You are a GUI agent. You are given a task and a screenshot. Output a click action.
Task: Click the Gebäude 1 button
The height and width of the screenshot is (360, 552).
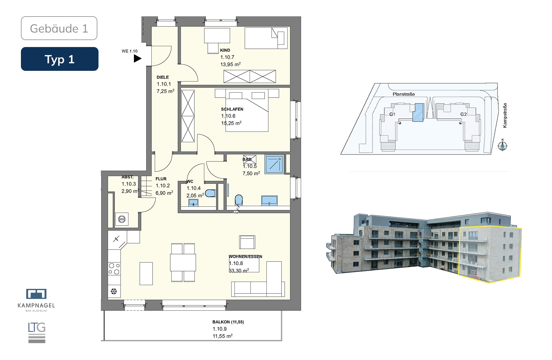[x=59, y=28]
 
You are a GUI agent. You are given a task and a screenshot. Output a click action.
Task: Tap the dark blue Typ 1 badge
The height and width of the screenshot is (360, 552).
[x=60, y=59]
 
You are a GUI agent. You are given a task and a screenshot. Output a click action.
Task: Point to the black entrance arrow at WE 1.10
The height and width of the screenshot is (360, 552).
[x=137, y=59]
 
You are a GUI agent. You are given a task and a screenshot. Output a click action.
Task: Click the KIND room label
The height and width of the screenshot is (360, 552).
[x=225, y=50]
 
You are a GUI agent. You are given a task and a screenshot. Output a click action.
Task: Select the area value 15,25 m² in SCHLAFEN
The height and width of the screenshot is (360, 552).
[x=231, y=123]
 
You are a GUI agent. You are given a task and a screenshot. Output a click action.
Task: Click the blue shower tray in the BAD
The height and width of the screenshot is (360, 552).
[x=274, y=164]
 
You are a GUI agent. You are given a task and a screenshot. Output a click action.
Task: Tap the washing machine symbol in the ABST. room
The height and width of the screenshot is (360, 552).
[x=122, y=219]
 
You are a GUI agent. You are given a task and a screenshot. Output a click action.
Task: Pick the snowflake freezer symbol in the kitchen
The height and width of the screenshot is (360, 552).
[x=114, y=291]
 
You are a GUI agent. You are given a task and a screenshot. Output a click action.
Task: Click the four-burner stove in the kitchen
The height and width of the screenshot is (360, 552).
[x=114, y=269]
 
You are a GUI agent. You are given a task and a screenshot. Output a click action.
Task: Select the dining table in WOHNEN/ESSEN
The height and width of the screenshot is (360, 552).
[x=183, y=262]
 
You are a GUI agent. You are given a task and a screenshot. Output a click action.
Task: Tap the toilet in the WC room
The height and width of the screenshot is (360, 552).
[x=210, y=193]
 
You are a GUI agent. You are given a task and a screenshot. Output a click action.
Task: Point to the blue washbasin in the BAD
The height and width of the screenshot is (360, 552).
[x=269, y=201]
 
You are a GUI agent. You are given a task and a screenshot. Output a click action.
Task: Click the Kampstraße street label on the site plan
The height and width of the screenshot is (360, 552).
[x=505, y=115]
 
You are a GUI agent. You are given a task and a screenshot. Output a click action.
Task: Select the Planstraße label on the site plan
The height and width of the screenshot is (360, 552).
[x=404, y=94]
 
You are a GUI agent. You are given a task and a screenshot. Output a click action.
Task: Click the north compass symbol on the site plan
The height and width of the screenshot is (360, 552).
[x=503, y=145]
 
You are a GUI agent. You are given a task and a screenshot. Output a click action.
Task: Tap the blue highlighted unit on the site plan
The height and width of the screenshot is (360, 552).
[x=418, y=112]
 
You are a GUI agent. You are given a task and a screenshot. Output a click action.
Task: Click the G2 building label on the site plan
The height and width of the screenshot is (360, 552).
[x=463, y=114]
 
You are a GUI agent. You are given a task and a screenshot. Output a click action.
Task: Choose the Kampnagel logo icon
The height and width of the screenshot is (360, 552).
[x=36, y=294]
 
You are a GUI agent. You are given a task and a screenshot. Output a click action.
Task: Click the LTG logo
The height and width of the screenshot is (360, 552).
[x=37, y=332]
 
